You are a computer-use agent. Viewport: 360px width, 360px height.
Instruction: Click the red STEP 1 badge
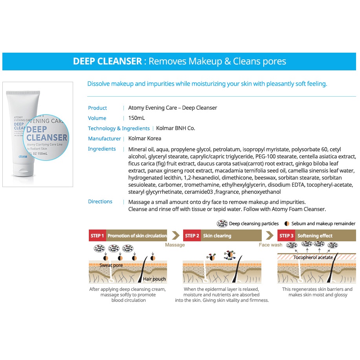coord(97,235)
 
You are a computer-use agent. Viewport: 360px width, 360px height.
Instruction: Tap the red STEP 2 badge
coord(192,235)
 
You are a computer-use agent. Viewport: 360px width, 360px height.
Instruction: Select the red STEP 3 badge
coord(286,235)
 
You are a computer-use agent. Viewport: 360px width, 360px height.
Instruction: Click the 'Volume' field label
coord(97,118)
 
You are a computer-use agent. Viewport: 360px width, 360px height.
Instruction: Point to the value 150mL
coord(137,118)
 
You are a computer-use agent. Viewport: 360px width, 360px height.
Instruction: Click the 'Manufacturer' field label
coord(105,139)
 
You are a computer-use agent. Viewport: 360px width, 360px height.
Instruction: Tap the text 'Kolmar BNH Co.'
coord(176,128)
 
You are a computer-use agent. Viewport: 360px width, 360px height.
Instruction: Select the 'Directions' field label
coord(100,201)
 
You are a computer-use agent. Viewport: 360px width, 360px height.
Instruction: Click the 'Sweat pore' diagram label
coord(111,265)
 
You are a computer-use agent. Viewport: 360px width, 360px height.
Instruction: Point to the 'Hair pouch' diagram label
coord(154,279)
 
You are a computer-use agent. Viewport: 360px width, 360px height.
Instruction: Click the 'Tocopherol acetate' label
coord(313,257)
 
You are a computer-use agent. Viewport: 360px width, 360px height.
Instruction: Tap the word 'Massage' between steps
coord(175,245)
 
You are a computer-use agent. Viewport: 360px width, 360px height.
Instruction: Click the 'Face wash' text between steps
coord(270,245)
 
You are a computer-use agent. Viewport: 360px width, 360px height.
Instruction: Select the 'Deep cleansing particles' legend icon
coord(222,223)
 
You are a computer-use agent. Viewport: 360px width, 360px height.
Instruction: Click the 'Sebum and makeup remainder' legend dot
coord(287,224)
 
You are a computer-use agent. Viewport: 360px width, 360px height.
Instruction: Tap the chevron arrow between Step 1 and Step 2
coord(176,235)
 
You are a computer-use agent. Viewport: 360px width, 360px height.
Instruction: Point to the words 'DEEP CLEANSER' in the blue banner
coord(107,61)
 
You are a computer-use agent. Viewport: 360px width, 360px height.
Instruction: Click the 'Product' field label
coord(97,108)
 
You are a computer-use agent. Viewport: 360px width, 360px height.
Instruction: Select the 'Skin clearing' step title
coord(217,235)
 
